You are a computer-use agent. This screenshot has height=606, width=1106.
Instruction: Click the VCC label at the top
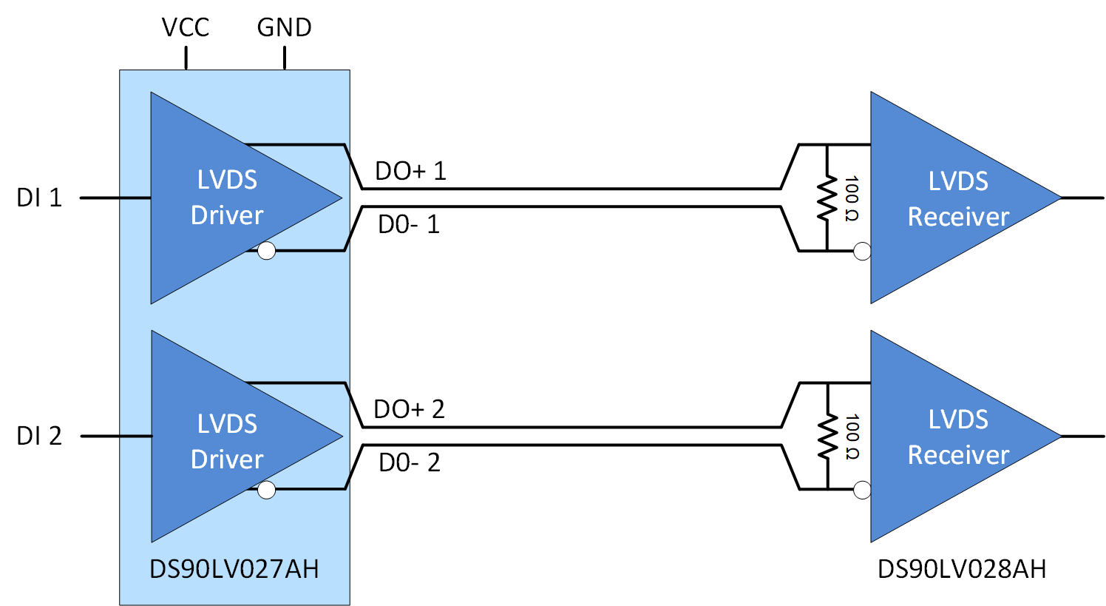click(186, 27)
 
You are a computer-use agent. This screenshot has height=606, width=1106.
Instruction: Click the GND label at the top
click(284, 27)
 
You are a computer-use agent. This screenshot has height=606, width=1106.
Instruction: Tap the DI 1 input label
click(39, 198)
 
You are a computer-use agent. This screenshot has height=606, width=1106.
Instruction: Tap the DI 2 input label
click(39, 436)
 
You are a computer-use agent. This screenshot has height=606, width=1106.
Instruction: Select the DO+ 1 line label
click(410, 171)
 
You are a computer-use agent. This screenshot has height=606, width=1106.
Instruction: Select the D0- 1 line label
click(409, 224)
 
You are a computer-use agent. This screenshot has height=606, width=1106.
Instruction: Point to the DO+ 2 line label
click(409, 409)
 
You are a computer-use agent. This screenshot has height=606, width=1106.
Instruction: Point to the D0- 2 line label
click(409, 462)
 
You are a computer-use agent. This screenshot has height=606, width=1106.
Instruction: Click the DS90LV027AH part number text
click(234, 569)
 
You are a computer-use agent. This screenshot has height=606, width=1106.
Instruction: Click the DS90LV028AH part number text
click(962, 569)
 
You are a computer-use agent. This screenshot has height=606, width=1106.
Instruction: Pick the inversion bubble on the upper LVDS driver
click(266, 251)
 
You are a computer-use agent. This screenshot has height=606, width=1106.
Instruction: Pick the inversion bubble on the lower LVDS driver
click(266, 489)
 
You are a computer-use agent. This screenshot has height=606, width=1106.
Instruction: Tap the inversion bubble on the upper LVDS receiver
click(862, 251)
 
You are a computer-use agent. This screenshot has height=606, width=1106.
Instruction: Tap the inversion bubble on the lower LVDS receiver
click(862, 489)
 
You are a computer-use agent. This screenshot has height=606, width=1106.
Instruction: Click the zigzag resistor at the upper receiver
click(827, 198)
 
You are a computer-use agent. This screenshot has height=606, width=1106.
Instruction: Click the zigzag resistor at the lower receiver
click(827, 436)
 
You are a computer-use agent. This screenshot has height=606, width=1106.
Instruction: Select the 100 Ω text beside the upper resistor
click(851, 198)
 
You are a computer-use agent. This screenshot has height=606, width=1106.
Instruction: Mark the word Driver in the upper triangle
click(227, 215)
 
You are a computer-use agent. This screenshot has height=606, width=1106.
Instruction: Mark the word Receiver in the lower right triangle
click(958, 454)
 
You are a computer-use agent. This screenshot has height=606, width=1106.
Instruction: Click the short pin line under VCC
click(186, 58)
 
